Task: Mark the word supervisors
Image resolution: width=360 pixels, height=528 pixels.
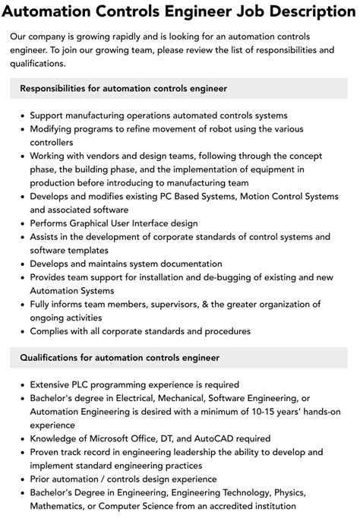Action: [x=172, y=305]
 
